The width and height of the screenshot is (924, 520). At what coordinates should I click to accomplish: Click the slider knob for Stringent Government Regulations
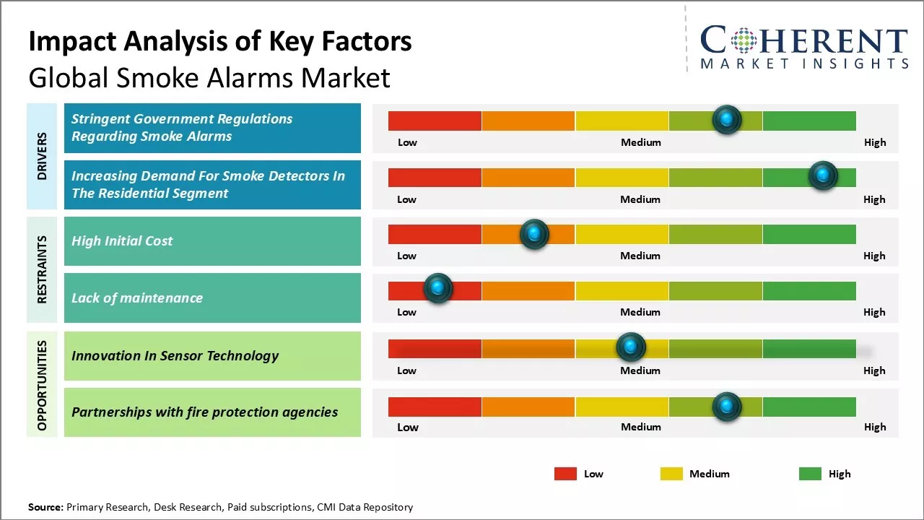click(x=727, y=120)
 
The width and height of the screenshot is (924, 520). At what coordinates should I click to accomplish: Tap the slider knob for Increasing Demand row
click(x=823, y=175)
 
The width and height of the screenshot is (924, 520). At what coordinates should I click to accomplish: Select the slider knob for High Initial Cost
click(x=534, y=234)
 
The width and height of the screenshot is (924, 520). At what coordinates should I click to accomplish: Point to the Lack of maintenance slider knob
click(x=438, y=287)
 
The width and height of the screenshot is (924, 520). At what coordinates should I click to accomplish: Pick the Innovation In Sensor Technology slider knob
click(x=631, y=347)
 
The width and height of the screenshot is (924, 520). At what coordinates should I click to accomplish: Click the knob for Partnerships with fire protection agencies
click(x=727, y=407)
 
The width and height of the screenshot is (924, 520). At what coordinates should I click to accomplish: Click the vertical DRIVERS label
click(x=42, y=156)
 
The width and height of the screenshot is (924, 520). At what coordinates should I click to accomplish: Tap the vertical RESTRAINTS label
click(x=42, y=269)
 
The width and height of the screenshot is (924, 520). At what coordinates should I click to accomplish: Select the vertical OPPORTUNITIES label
click(x=42, y=386)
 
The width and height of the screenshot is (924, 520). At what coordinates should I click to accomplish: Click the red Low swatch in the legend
click(x=565, y=474)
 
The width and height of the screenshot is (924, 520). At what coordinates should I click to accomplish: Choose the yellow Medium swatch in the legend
click(x=671, y=474)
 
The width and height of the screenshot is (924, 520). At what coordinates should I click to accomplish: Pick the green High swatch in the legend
click(x=810, y=474)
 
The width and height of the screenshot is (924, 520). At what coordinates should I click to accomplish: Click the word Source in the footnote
click(x=45, y=507)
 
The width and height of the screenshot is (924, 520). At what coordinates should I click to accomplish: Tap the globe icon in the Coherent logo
click(x=744, y=40)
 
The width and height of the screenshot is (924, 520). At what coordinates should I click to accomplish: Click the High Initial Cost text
click(x=122, y=241)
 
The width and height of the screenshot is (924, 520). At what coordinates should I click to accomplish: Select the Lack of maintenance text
click(x=137, y=298)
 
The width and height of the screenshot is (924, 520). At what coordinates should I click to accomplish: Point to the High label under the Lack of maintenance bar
click(x=874, y=312)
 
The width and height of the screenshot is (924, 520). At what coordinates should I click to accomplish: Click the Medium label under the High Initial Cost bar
click(x=640, y=256)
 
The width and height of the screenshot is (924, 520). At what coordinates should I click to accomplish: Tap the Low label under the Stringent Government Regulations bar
click(x=407, y=142)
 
